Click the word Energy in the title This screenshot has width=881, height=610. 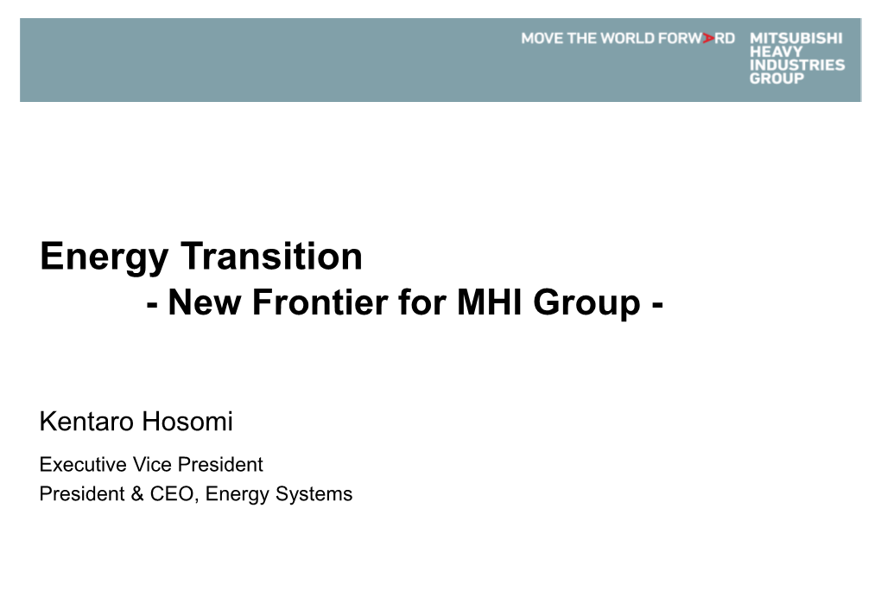pyautogui.click(x=105, y=258)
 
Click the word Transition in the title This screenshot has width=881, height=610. pyautogui.click(x=271, y=256)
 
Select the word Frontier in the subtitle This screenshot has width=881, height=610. pyautogui.click(x=320, y=302)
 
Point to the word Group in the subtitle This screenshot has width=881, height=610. pyautogui.click(x=586, y=304)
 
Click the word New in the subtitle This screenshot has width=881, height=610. pyautogui.click(x=205, y=302)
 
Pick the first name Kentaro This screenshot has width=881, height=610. pyautogui.click(x=87, y=421)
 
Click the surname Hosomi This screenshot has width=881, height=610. pyautogui.click(x=187, y=421)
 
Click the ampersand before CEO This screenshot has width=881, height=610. pyautogui.click(x=137, y=493)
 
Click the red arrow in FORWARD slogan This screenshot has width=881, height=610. pyautogui.click(x=708, y=38)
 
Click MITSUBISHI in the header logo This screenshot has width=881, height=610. pyautogui.click(x=796, y=38)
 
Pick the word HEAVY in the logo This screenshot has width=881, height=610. pyautogui.click(x=776, y=52)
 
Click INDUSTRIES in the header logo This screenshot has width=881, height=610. pyautogui.click(x=797, y=65)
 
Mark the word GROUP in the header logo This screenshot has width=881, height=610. pyautogui.click(x=777, y=79)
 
